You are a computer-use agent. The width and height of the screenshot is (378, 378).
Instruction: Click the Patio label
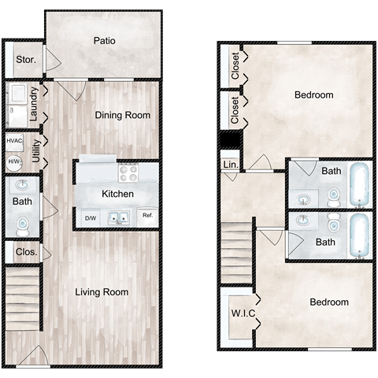pyautogui.click(x=105, y=41)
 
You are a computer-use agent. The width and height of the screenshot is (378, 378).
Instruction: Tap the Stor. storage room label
pyautogui.click(x=26, y=60)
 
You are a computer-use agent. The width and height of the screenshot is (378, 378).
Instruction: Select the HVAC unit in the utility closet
pyautogui.click(x=14, y=142)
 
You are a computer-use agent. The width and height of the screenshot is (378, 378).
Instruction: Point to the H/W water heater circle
pyautogui.click(x=14, y=162)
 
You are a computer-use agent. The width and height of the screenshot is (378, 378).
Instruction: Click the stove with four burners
pyautogui.click(x=128, y=172)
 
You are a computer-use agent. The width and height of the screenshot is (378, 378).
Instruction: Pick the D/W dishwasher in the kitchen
pyautogui.click(x=91, y=217)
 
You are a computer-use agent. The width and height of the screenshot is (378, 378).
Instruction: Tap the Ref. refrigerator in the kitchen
pyautogui.click(x=147, y=217)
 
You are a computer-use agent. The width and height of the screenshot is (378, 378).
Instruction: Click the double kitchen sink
pyautogui.click(x=119, y=218)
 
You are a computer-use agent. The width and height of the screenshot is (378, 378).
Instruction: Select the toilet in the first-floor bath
pyautogui.click(x=23, y=227)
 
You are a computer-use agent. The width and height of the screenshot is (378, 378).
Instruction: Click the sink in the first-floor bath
pyautogui.click(x=23, y=185)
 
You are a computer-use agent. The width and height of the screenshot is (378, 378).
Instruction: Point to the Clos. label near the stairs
pyautogui.click(x=26, y=252)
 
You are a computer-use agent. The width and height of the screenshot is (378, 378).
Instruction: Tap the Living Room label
pyautogui.click(x=102, y=292)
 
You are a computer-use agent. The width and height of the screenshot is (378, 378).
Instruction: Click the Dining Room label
pyautogui.click(x=123, y=115)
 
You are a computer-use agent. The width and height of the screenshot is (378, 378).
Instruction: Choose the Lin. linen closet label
pyautogui.click(x=231, y=165)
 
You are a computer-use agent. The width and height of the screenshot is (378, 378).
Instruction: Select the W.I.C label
pyautogui.click(x=243, y=313)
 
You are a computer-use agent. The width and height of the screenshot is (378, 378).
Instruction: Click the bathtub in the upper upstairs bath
pyautogui.click(x=359, y=185)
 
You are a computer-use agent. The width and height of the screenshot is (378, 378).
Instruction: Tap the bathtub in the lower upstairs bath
pyautogui.click(x=359, y=235)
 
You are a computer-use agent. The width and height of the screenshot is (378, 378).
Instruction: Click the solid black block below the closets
pyautogui.click(x=231, y=139)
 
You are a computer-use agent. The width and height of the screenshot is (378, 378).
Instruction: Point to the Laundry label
pyautogui.click(x=34, y=104)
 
